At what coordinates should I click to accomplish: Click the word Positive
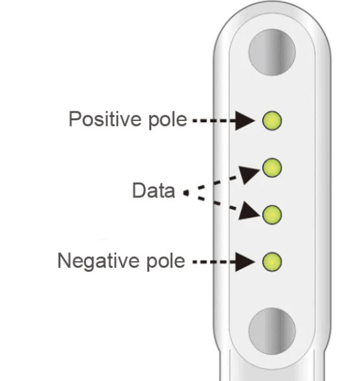pyautogui.click(x=105, y=119)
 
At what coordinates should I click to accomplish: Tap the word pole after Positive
pyautogui.click(x=168, y=120)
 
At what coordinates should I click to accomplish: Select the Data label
pyautogui.click(x=153, y=190)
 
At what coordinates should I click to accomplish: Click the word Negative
pyautogui.click(x=99, y=261)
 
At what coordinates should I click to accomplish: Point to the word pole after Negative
pyautogui.click(x=166, y=261)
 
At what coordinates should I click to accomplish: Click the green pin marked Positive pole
pyautogui.click(x=272, y=120)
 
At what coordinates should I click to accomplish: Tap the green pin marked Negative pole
pyautogui.click(x=272, y=262)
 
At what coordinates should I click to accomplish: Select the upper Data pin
pyautogui.click(x=272, y=168)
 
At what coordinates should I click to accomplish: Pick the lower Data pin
pyautogui.click(x=272, y=215)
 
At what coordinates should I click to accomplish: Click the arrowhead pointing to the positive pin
pyautogui.click(x=244, y=120)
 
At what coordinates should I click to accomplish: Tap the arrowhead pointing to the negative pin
pyautogui.click(x=244, y=262)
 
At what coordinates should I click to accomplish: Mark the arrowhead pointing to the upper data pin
pyautogui.click(x=248, y=174)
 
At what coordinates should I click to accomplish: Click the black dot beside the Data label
pyautogui.click(x=186, y=193)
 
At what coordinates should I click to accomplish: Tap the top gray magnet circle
pyautogui.click(x=272, y=52)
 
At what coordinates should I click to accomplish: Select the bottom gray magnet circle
pyautogui.click(x=272, y=331)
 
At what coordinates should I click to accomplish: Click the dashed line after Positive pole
pyautogui.click(x=214, y=120)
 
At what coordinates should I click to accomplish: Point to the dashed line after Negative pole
pyautogui.click(x=214, y=262)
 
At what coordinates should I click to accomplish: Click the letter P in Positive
pyautogui.click(x=74, y=119)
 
